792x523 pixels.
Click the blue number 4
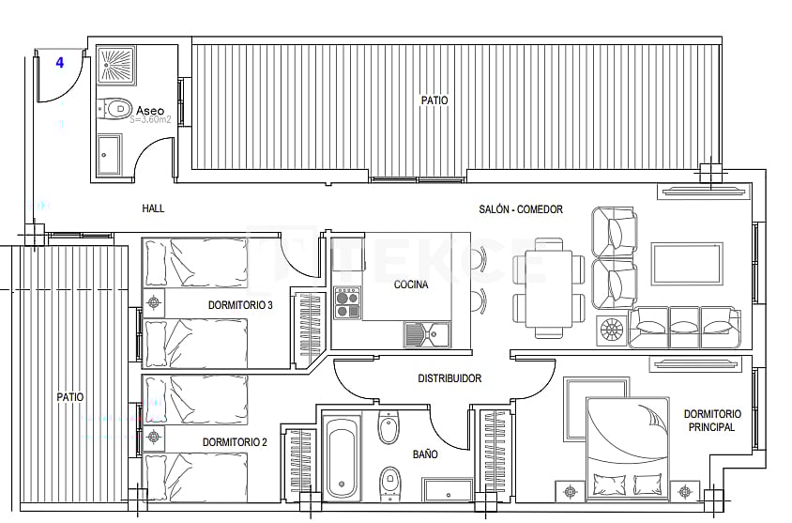(60, 63)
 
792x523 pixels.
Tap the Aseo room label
(149, 110)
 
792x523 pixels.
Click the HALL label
(153, 208)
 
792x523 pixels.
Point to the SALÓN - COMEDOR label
(520, 209)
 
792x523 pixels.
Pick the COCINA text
(411, 285)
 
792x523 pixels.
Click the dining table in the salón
(549, 287)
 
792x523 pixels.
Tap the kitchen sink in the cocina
(427, 332)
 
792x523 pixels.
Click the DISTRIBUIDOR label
(449, 378)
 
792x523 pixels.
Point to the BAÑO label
(425, 454)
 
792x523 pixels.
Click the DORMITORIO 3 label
(240, 305)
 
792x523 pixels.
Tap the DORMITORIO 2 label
(235, 441)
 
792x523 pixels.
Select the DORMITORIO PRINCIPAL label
(711, 420)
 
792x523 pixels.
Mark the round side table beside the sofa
(611, 330)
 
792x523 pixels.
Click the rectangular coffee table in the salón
(687, 264)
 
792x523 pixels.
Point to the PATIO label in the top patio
(434, 100)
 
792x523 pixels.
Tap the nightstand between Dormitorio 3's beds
(154, 301)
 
